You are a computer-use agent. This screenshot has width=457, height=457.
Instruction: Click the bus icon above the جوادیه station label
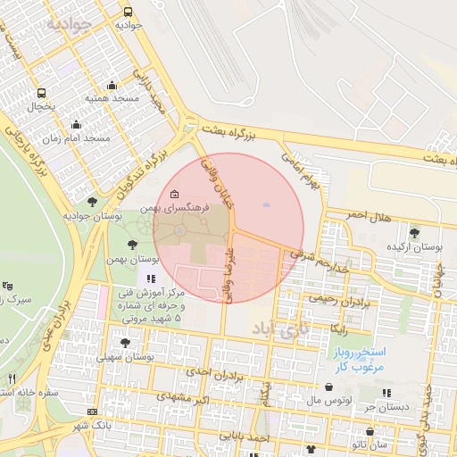(128, 12)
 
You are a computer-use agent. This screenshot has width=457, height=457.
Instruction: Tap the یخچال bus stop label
(41, 105)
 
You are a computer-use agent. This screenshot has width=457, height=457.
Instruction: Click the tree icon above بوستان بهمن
(132, 245)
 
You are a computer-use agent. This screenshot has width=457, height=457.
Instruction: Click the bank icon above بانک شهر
(93, 411)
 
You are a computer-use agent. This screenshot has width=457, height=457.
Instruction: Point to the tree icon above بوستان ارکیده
(412, 233)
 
